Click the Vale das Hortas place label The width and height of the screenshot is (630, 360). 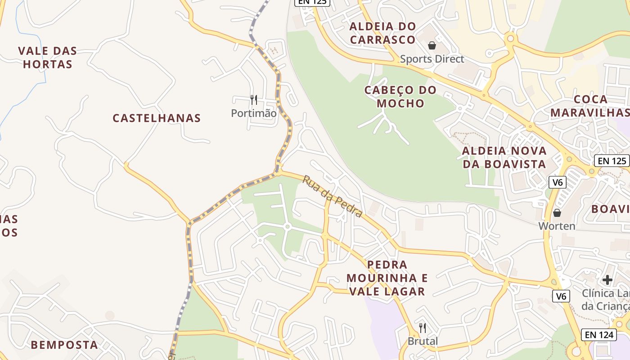[x=48, y=58]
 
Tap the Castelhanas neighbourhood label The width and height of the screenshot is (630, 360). [x=157, y=118]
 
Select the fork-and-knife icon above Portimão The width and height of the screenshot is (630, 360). [x=254, y=99]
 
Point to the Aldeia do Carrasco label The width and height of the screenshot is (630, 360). [x=382, y=33]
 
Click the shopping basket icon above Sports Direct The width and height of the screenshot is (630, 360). [x=432, y=45]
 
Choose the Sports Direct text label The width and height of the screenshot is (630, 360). [x=432, y=59]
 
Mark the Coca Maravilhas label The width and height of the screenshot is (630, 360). [x=589, y=106]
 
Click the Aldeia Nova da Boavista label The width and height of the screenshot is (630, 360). [x=504, y=157]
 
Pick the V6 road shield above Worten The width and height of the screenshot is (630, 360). [x=558, y=182]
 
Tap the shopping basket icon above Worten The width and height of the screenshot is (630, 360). [x=557, y=213]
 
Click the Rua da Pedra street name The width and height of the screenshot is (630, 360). [x=332, y=196]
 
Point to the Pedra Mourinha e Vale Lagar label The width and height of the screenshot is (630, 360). [x=387, y=278]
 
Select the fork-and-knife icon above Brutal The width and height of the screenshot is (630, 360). [x=422, y=328]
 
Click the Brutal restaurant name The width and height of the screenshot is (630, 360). [x=423, y=342]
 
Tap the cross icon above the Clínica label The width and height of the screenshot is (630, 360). [x=607, y=280]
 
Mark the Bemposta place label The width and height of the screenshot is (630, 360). [x=64, y=345]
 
